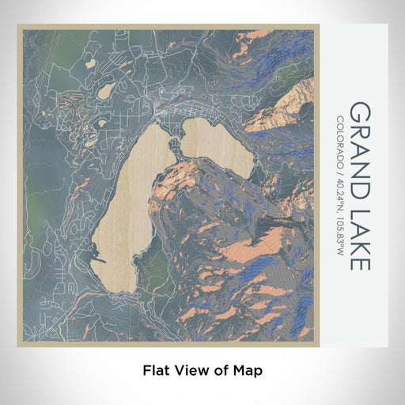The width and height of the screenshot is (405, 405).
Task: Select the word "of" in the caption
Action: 221,369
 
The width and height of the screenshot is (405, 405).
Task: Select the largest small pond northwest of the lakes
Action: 106,90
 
